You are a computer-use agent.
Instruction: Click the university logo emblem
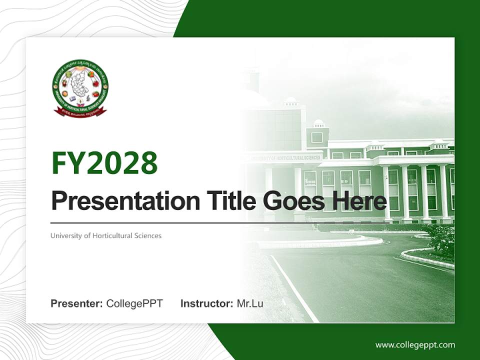point(80,88)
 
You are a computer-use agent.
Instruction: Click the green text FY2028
point(104,163)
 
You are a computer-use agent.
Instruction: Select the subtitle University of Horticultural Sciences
point(106,235)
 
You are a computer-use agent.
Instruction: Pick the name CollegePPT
point(134,303)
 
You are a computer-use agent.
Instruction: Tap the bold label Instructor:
point(206,303)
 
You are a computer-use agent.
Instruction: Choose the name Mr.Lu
point(250,303)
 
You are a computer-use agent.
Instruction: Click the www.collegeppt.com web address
point(415,345)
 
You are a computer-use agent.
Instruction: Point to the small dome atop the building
point(318,123)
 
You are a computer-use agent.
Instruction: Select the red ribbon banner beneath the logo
point(80,112)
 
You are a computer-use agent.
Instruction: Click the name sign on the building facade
point(285,158)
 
